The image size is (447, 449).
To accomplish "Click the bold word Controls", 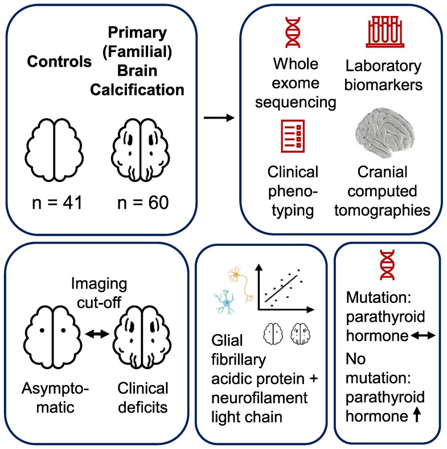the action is point(59,61).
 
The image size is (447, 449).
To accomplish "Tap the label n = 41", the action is point(57,203).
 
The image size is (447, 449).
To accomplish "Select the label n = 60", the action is point(143,203).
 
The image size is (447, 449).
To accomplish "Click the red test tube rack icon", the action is point(385,31).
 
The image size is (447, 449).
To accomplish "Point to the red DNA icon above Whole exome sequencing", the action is point(293,32).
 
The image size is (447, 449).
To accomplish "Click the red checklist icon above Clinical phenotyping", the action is point(293,136).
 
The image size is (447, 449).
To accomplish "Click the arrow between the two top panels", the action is point(219,118).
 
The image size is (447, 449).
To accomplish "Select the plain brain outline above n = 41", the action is point(54,150).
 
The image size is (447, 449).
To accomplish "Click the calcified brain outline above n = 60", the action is point(140,150).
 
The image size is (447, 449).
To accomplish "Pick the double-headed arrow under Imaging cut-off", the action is point(97,334).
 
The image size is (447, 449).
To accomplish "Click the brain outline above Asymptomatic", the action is point(52,337).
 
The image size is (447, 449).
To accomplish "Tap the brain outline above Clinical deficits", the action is point(142,337).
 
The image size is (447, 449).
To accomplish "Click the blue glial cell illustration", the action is point(225,302).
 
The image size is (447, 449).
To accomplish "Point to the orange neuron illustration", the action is point(241,284).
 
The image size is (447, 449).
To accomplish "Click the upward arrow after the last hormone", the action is point(417,414).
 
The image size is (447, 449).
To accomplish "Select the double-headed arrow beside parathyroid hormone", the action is point(423,335).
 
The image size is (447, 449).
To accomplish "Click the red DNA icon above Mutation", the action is point(387,265).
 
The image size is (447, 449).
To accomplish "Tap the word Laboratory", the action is point(383,66).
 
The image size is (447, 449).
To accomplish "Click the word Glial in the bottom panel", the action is point(227,341).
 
